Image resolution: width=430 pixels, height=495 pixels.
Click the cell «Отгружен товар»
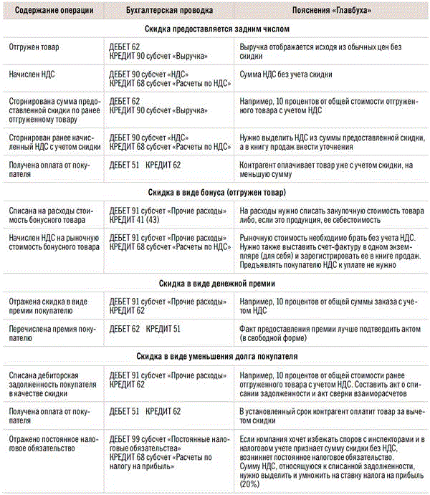pyautogui.click(x=34, y=47)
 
